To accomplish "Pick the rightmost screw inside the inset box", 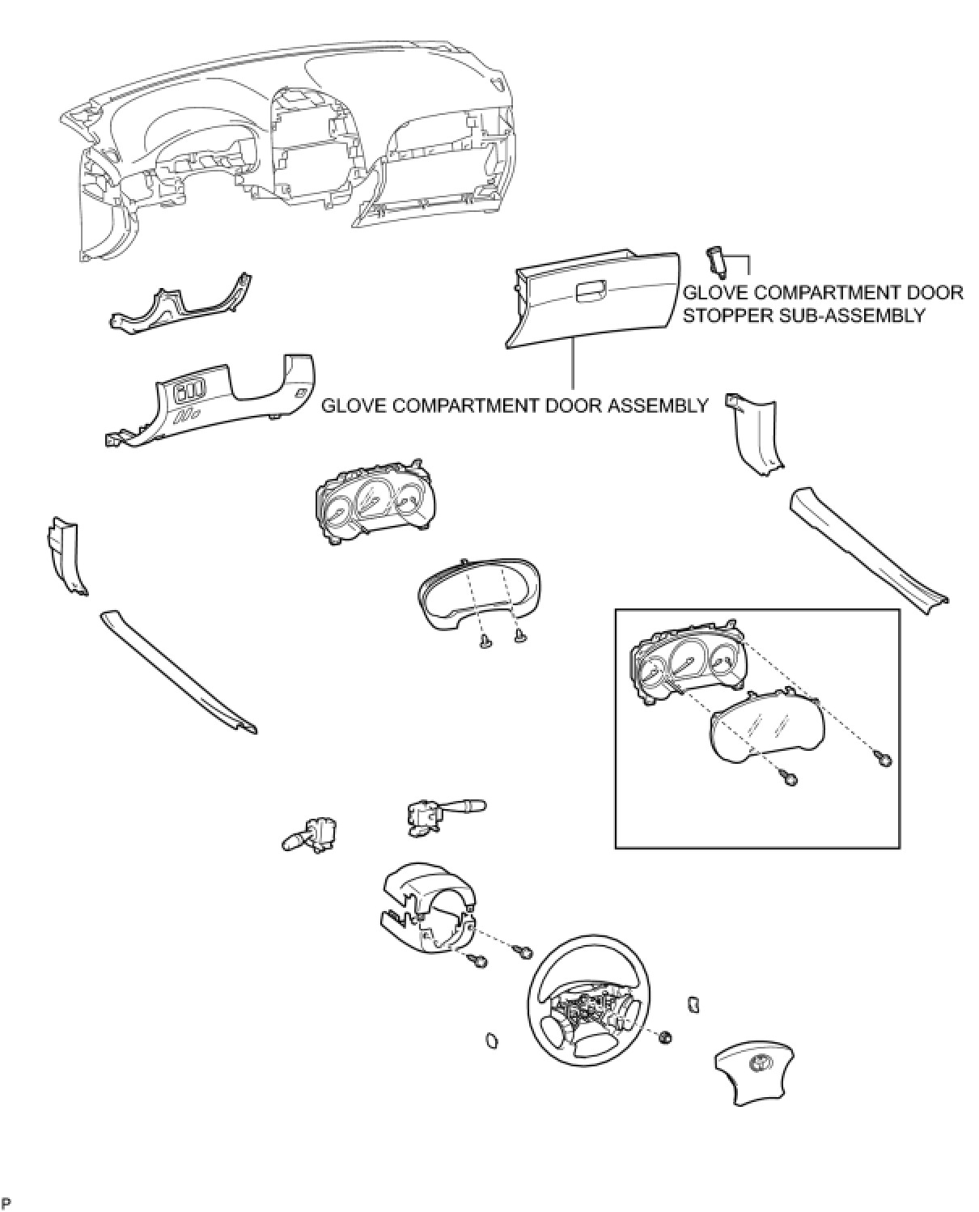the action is [x=884, y=759].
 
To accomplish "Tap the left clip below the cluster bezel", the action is [x=485, y=642].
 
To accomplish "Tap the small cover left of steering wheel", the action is [x=491, y=1040].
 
